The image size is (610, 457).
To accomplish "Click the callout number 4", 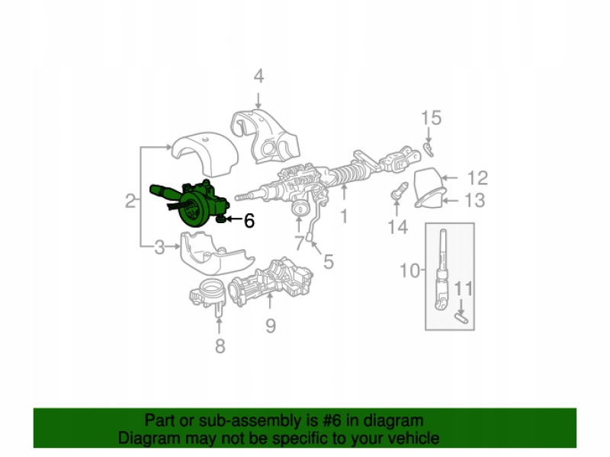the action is coord(258,76).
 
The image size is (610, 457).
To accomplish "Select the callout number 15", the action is coord(431,118).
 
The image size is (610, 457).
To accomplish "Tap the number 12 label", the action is coord(477,178).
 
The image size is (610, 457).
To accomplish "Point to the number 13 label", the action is coord(474,201).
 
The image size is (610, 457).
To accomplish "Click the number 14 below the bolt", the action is coord(397,226).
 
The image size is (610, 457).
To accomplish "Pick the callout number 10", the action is coord(409,270).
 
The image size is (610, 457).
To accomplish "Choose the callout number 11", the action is coord(464,289).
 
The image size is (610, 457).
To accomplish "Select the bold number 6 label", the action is coord(249,221).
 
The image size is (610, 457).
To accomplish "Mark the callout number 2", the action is coord(130,201).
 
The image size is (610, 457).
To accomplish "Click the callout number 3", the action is coord(159,247).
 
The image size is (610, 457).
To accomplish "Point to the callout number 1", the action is coord(343,216).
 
